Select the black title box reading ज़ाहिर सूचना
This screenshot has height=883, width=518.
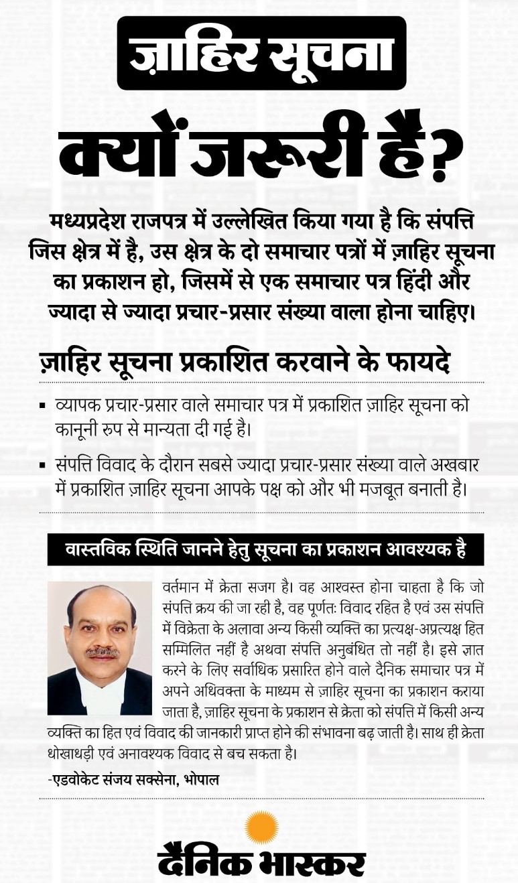tap(261, 54)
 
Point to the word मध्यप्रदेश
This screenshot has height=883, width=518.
tap(99, 221)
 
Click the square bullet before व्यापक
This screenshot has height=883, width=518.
tap(43, 406)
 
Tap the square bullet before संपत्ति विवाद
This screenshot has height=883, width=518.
tap(43, 466)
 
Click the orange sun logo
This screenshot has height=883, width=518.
tap(261, 827)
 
